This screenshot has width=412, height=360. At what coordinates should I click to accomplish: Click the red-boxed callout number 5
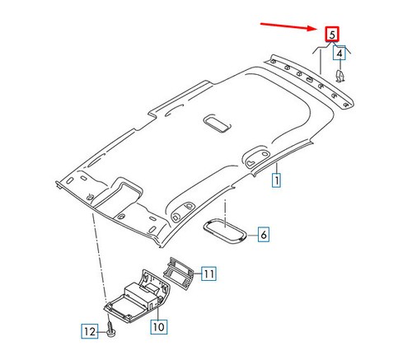point(332,35)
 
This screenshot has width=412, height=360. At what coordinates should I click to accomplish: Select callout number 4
point(339,53)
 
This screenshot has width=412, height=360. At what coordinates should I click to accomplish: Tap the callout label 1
point(276,180)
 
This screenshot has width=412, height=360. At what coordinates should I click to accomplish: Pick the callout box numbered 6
point(264,234)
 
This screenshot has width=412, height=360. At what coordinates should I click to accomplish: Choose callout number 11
point(208,274)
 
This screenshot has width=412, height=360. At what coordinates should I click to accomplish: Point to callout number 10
point(159,327)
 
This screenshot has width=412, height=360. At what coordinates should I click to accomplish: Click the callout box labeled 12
point(90,331)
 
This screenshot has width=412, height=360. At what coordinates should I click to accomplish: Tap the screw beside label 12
point(110,329)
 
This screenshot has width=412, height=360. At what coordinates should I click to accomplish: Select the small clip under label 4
point(340,76)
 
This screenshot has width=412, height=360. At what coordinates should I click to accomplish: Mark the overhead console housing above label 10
point(138,297)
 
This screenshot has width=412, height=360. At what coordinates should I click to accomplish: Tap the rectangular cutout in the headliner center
point(217,124)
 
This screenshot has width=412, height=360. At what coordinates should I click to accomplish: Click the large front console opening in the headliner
point(119,194)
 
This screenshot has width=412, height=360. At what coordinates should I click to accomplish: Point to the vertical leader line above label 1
point(277,168)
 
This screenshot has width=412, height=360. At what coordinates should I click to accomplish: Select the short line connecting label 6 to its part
point(253,235)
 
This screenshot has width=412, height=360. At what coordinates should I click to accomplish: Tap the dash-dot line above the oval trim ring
point(225,213)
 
